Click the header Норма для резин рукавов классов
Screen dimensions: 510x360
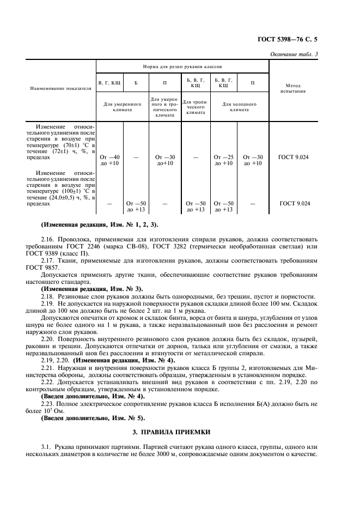click(x=182, y=65)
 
